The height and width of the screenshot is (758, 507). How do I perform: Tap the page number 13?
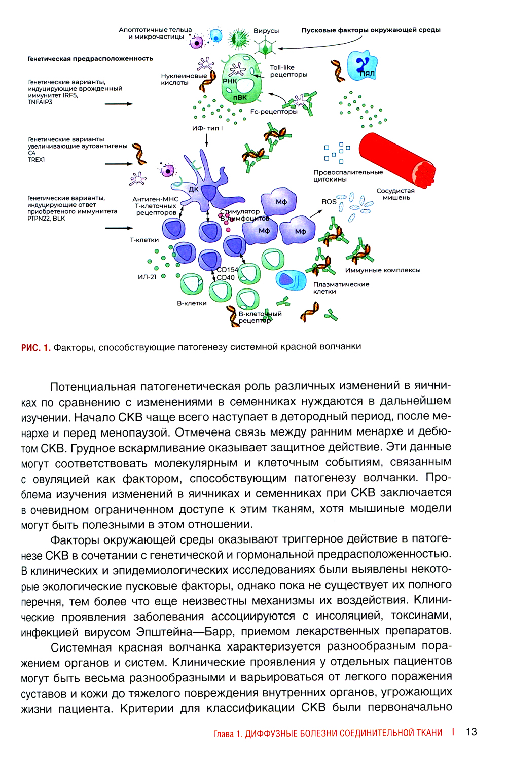coord(471,732)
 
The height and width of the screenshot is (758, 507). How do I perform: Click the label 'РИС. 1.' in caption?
coord(35,347)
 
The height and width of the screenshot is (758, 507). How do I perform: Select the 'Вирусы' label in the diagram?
coord(266,31)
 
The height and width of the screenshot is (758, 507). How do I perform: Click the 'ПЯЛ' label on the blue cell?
coord(367,74)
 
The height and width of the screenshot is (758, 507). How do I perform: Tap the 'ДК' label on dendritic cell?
coord(194,189)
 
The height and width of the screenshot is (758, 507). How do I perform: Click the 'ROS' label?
coord(329,201)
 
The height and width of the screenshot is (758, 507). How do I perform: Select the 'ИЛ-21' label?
coord(147,277)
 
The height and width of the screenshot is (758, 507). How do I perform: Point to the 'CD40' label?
coord(226,277)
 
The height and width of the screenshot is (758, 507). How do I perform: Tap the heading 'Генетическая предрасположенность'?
coord(90,59)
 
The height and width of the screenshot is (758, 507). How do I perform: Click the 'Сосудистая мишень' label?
coord(395,194)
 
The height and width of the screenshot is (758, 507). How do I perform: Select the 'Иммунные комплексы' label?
coord(383,270)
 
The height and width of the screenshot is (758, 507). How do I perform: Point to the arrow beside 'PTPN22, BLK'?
coord(119,228)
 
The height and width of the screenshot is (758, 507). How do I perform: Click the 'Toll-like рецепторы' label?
coord(288,71)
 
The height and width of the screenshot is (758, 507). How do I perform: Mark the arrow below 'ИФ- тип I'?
coord(207,140)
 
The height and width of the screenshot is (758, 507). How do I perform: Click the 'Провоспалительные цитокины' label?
coord(348,175)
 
